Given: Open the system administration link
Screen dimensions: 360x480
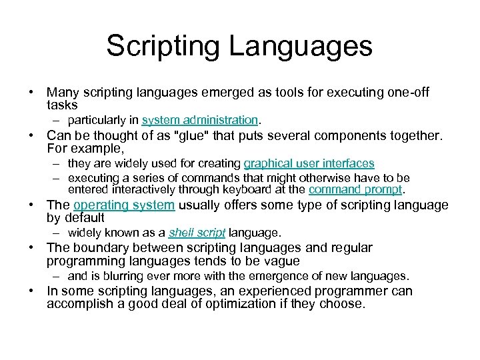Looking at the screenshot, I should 200,120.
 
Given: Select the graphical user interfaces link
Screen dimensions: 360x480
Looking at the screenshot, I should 309,163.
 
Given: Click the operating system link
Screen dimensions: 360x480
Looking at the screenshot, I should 124,205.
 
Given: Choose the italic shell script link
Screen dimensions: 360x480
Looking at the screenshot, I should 197,233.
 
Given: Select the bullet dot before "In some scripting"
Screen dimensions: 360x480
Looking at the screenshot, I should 31,292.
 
